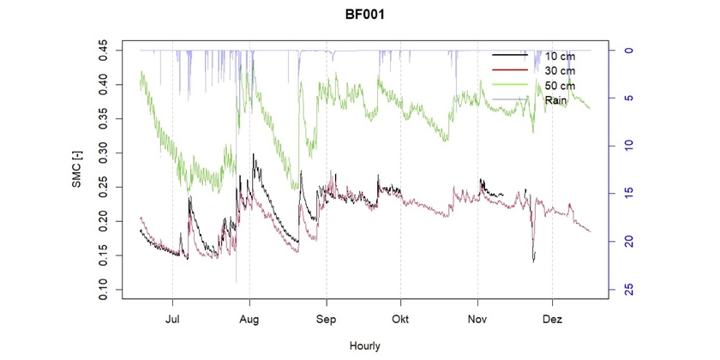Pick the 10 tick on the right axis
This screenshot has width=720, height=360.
coord(627,146)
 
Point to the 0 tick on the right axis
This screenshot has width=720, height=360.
coord(627,50)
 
